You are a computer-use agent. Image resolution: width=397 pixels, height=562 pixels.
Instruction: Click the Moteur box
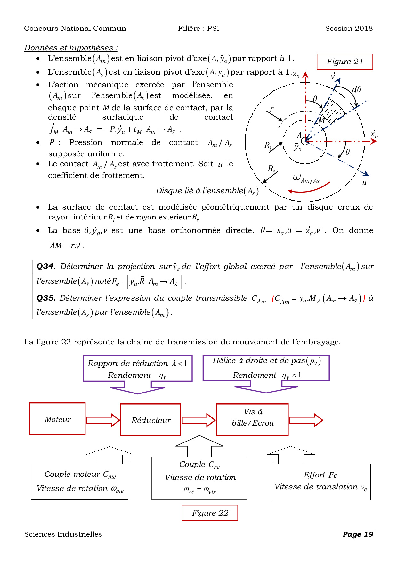click(x=57, y=419)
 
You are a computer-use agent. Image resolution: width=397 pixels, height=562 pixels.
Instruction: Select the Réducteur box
click(x=150, y=420)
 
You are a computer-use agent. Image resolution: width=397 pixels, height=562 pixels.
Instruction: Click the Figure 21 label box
click(x=345, y=62)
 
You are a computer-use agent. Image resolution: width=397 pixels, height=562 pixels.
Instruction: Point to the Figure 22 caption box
click(x=210, y=513)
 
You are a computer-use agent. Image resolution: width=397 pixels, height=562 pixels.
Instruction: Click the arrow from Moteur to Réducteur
click(x=103, y=420)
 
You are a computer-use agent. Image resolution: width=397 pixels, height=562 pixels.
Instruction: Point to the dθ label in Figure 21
click(x=356, y=89)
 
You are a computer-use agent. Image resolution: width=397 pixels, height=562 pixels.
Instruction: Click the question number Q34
click(x=46, y=266)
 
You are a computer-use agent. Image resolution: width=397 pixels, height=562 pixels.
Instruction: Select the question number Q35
click(x=46, y=298)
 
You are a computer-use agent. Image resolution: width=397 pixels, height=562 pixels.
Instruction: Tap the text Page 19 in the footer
click(x=358, y=534)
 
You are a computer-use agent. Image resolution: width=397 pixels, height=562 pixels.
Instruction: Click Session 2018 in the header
click(x=349, y=28)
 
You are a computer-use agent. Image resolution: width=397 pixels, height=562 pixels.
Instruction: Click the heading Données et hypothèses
click(x=71, y=48)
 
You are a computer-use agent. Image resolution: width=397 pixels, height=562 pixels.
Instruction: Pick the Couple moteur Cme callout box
click(x=80, y=481)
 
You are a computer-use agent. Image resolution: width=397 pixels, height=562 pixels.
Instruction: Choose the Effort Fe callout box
click(x=321, y=481)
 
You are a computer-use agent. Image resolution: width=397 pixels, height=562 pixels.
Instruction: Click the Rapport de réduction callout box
click(x=138, y=368)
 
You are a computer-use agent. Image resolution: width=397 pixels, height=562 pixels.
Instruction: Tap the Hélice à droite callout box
click(x=266, y=368)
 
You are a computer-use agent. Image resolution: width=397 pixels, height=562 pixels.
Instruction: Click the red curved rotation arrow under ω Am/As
click(x=309, y=189)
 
